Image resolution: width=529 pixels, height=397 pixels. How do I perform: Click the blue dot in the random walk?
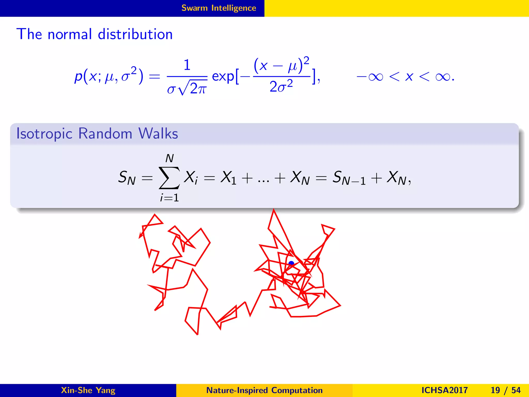tap(291, 264)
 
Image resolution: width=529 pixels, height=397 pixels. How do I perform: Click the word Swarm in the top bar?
tap(195, 8)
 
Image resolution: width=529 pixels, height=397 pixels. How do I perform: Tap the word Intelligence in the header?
tap(234, 8)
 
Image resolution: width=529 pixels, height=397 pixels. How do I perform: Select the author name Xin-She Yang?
tap(88, 390)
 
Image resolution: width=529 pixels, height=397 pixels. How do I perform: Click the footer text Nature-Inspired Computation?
tap(264, 390)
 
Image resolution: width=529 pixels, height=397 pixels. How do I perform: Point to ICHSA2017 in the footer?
tap(444, 390)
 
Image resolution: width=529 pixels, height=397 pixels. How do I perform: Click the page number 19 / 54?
tap(505, 390)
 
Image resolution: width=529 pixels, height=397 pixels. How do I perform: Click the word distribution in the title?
tap(135, 34)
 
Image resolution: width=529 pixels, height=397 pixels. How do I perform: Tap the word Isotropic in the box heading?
tap(44, 134)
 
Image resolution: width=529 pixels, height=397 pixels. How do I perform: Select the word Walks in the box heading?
tap(158, 134)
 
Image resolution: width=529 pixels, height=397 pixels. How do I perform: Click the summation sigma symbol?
tap(169, 178)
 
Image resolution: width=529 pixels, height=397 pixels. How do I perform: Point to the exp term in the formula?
tap(223, 77)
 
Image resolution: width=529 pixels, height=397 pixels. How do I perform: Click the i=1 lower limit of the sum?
tap(169, 198)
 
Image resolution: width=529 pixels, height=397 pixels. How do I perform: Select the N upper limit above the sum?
tap(169, 158)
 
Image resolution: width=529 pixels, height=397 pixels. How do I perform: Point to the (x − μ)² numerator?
tap(281, 65)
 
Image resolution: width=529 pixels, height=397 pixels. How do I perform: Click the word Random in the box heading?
tap(105, 134)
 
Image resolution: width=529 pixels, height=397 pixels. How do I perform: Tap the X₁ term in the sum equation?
tap(229, 178)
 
